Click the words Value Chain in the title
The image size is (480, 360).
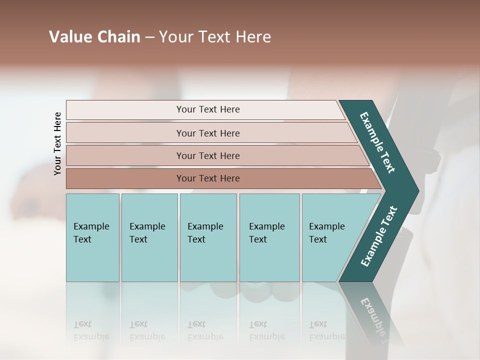(x=94, y=37)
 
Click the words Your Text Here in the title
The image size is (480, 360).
(x=215, y=37)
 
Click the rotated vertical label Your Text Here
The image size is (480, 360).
(x=57, y=143)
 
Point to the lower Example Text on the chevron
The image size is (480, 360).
(x=378, y=236)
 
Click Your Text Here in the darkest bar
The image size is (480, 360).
(x=208, y=178)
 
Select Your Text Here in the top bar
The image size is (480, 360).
(x=208, y=109)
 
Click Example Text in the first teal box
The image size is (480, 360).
(x=91, y=232)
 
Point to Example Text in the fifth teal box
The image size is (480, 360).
(x=326, y=232)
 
